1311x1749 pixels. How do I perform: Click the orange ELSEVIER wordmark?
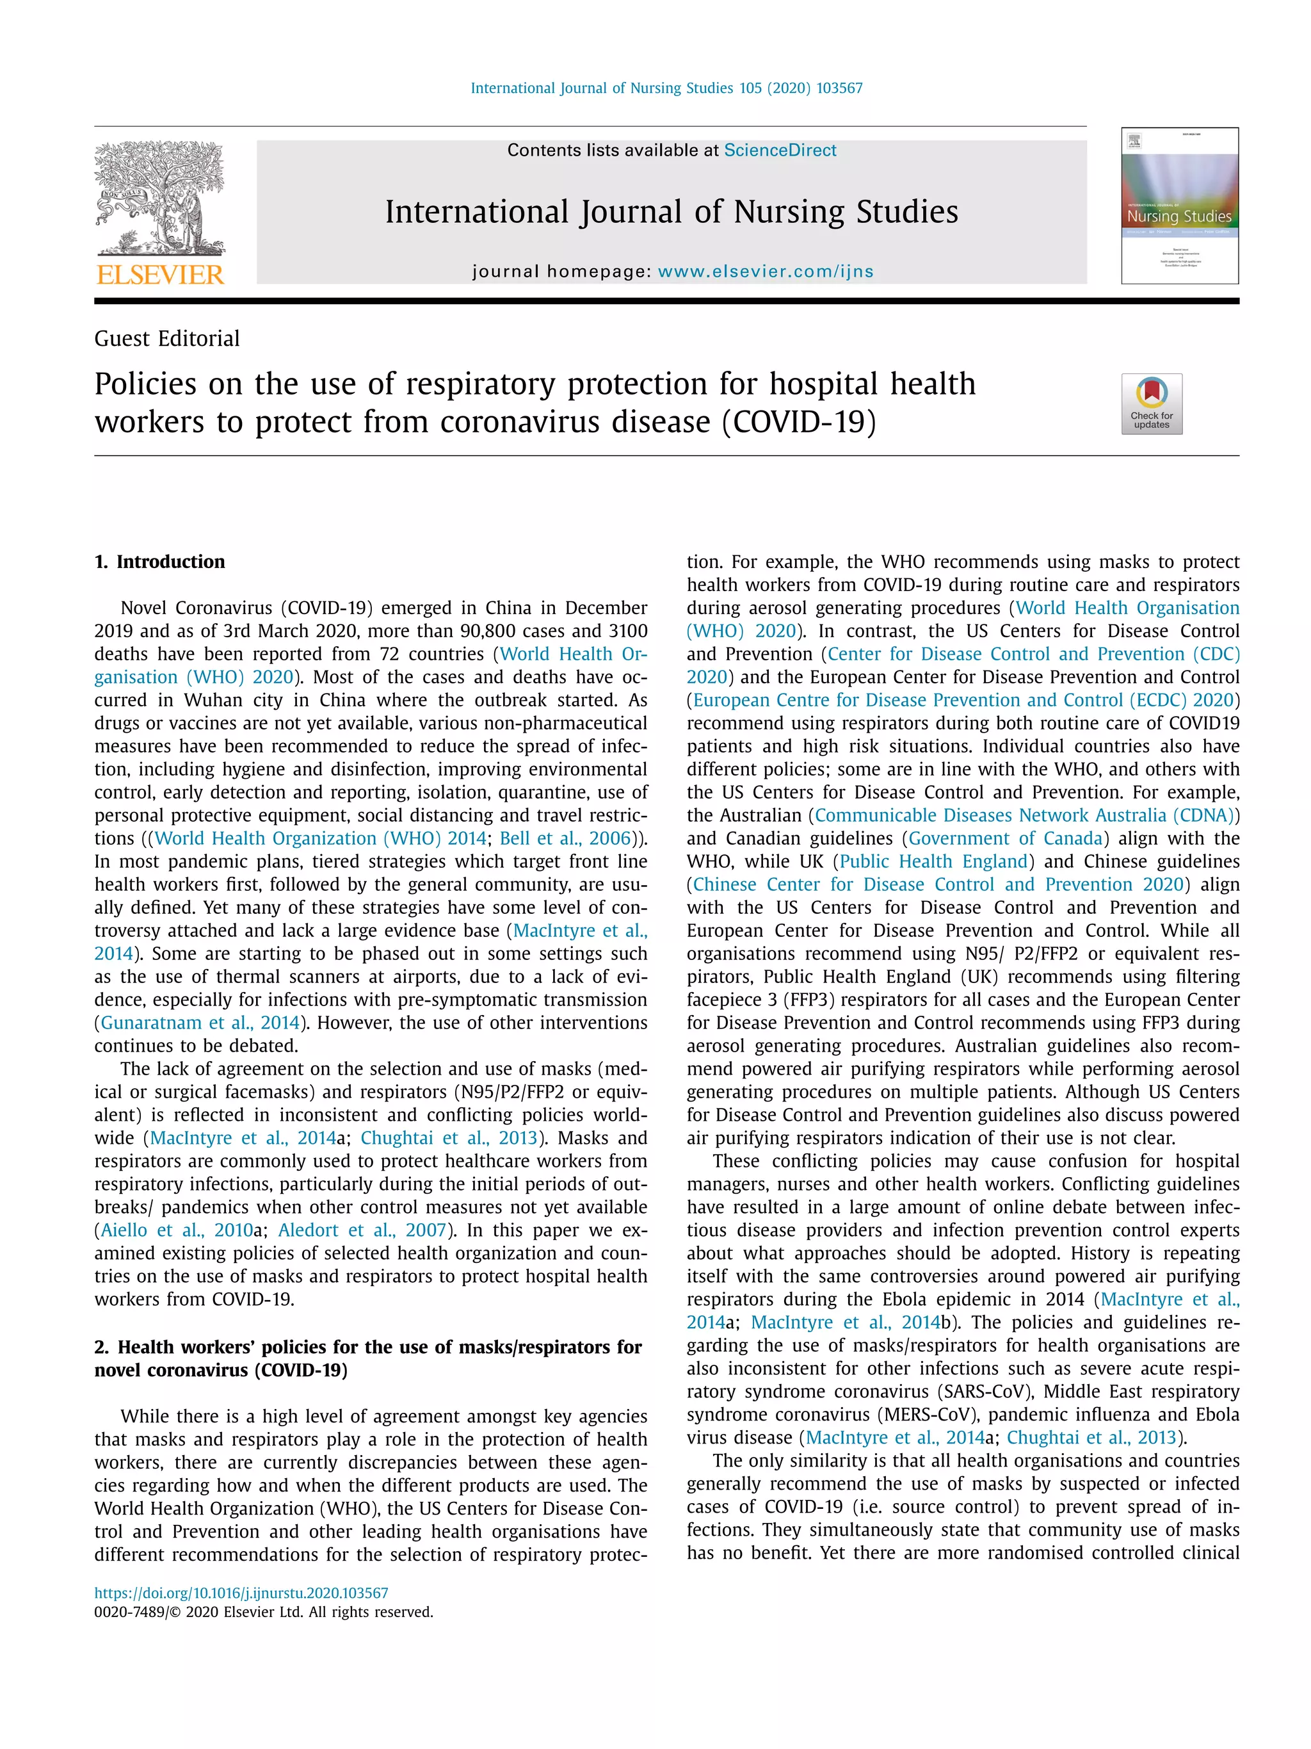[161, 275]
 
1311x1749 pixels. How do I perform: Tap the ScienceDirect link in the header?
[779, 150]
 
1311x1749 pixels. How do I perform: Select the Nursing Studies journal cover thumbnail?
[1179, 206]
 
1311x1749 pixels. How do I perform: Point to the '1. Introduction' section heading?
[159, 562]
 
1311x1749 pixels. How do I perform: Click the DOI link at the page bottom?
[241, 1593]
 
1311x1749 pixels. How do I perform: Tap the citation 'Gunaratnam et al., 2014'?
[200, 1022]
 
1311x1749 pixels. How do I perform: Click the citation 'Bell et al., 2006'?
[565, 838]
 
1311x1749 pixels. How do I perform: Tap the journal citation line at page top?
[666, 88]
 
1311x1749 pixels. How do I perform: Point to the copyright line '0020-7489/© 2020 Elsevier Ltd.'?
[263, 1612]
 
